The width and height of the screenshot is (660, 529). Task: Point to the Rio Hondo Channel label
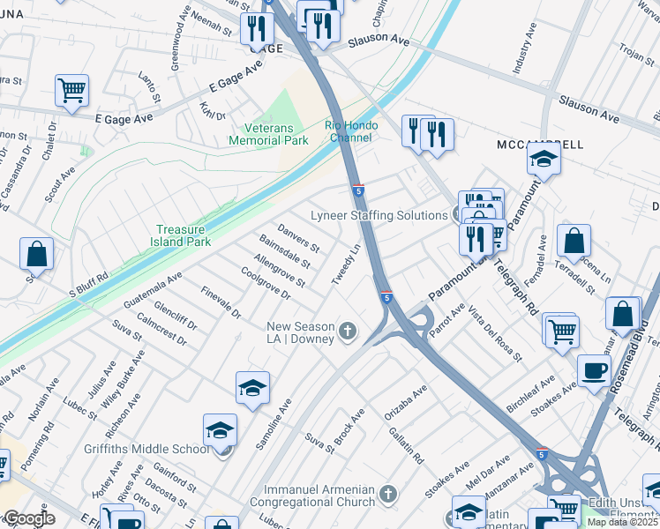pyautogui.click(x=351, y=131)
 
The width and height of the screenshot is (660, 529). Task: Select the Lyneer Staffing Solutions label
pyautogui.click(x=379, y=216)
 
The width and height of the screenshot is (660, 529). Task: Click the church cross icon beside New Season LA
pyautogui.click(x=348, y=332)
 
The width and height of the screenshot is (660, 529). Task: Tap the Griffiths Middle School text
pyautogui.click(x=154, y=449)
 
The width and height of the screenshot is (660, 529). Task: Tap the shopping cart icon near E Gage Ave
pyautogui.click(x=71, y=90)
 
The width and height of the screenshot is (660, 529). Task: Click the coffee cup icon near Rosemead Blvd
pyautogui.click(x=594, y=370)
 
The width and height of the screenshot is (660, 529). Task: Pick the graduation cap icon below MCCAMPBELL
pyautogui.click(x=544, y=160)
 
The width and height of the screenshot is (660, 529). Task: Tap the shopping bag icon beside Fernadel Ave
pyautogui.click(x=574, y=240)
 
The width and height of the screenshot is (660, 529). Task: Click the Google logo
pyautogui.click(x=28, y=518)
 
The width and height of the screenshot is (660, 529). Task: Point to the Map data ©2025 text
pyautogui.click(x=622, y=522)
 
